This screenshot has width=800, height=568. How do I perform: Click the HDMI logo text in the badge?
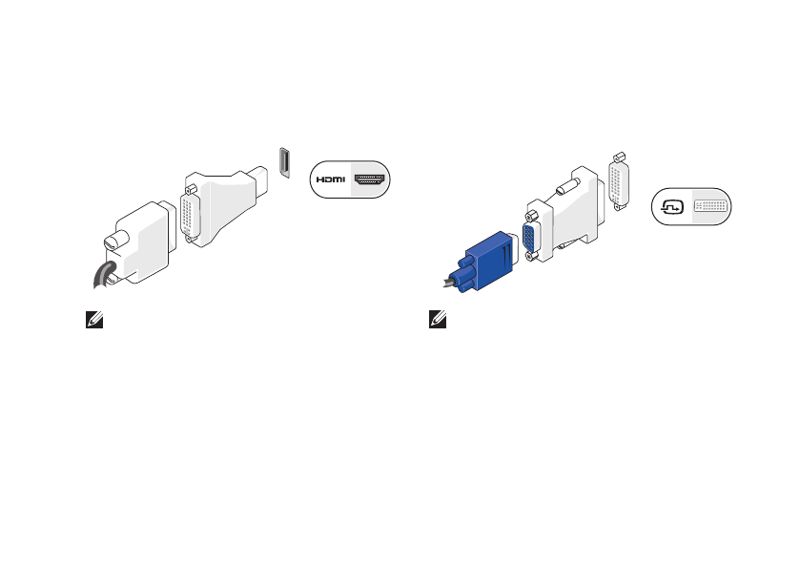pos(332,179)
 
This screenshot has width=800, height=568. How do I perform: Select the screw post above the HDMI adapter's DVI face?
pos(190,179)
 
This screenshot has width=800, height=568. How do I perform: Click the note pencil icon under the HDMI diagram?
pos(92,322)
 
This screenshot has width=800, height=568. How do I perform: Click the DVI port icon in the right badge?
pos(711,207)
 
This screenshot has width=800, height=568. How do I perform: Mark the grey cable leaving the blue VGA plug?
pos(447,282)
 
